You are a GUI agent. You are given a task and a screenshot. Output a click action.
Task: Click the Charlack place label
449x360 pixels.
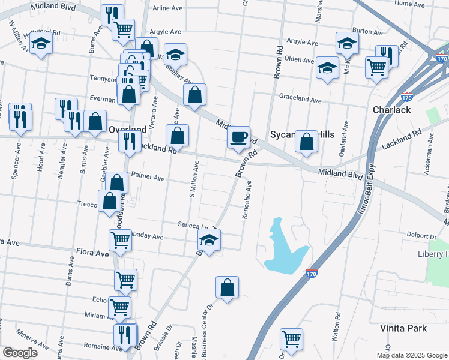tap(391, 110)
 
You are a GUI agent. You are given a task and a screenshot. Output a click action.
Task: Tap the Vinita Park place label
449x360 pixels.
tap(403, 328)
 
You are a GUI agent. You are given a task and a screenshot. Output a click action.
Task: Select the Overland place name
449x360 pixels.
tap(128, 129)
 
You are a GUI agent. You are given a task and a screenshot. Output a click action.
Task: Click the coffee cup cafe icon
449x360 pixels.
tap(238, 137)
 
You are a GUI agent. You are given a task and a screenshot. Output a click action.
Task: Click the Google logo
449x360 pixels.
tap(20, 353)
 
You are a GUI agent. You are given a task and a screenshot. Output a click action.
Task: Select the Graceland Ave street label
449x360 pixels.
tap(300, 98)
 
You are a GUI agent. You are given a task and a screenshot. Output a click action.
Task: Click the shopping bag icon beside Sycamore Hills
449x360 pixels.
tap(306, 143)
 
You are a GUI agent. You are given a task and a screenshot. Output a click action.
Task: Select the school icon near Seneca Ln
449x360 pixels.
tap(209, 242)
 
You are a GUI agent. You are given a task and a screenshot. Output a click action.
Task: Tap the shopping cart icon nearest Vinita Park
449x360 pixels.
tap(291, 338)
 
